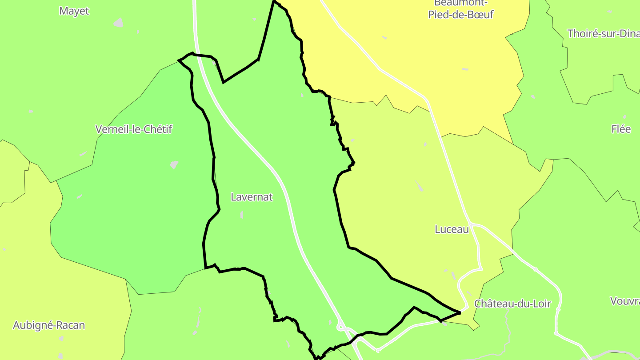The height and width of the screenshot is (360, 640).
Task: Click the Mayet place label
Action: click(x=74, y=11)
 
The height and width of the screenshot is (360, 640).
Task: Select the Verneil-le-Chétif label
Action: click(x=134, y=129)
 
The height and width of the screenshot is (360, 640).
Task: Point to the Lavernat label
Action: click(x=252, y=197)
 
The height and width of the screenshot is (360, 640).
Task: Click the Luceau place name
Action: click(x=452, y=229)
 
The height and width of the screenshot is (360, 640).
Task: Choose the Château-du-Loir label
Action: click(x=512, y=304)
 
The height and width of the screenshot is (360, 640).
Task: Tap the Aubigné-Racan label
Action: click(x=49, y=325)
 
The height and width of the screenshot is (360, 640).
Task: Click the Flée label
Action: click(x=621, y=129)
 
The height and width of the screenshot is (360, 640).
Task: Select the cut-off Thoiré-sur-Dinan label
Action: click(x=603, y=33)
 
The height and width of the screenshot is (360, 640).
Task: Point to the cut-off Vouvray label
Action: click(x=625, y=301)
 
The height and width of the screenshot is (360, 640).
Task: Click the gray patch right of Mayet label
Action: click(x=118, y=22)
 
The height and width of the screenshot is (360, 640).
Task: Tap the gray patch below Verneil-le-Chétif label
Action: click(x=174, y=164)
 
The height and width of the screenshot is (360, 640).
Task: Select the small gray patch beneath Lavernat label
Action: click(x=242, y=215)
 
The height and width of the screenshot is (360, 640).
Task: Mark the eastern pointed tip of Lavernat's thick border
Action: click(x=460, y=313)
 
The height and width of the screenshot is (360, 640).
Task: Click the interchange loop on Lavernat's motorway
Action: click(x=341, y=328)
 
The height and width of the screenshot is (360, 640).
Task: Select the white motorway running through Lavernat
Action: click(x=284, y=187)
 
